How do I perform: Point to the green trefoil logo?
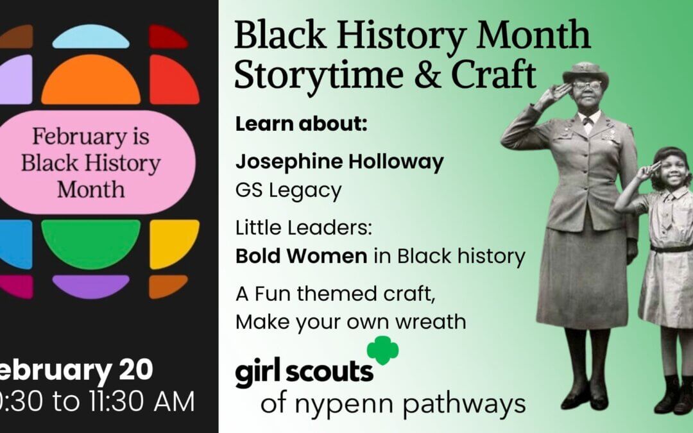(x=382, y=350)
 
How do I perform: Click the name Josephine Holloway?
(x=339, y=162)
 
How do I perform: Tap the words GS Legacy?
(x=288, y=190)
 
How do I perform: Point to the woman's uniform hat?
(x=585, y=71)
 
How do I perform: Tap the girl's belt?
(x=671, y=248)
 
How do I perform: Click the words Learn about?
(x=301, y=124)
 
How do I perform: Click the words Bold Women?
(x=301, y=256)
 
